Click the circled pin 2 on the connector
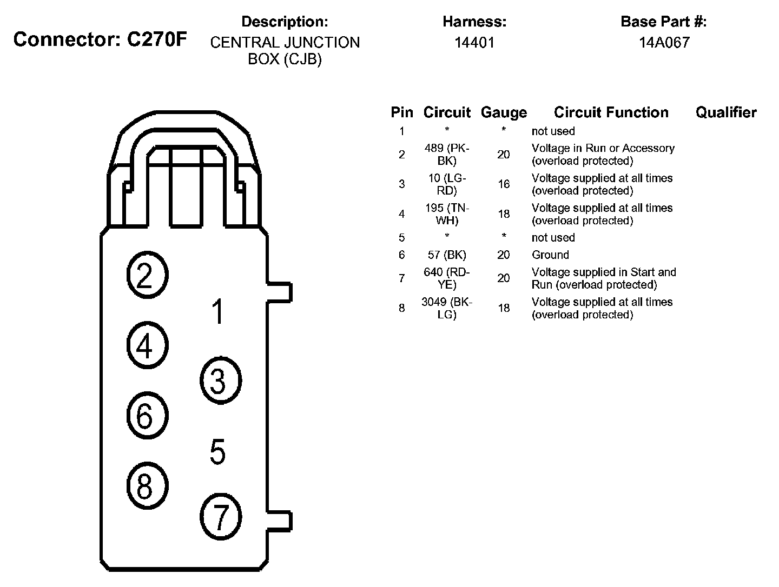click(x=147, y=275)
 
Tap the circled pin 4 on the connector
click(x=147, y=345)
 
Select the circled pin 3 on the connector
click(x=220, y=381)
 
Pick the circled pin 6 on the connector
click(x=147, y=416)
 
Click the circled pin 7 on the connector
click(x=220, y=517)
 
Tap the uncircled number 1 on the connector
click(x=217, y=312)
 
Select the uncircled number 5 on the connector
click(x=217, y=452)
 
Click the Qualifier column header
click(x=725, y=112)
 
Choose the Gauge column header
click(x=503, y=112)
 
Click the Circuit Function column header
click(x=611, y=112)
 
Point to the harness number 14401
click(x=474, y=42)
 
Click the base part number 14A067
click(x=664, y=42)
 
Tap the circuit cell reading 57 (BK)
click(x=446, y=255)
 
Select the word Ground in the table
click(x=550, y=255)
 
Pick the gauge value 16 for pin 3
click(x=503, y=184)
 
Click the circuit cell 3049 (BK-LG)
click(x=446, y=308)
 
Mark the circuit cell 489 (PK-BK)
click(x=446, y=154)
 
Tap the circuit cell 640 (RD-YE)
click(x=446, y=278)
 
